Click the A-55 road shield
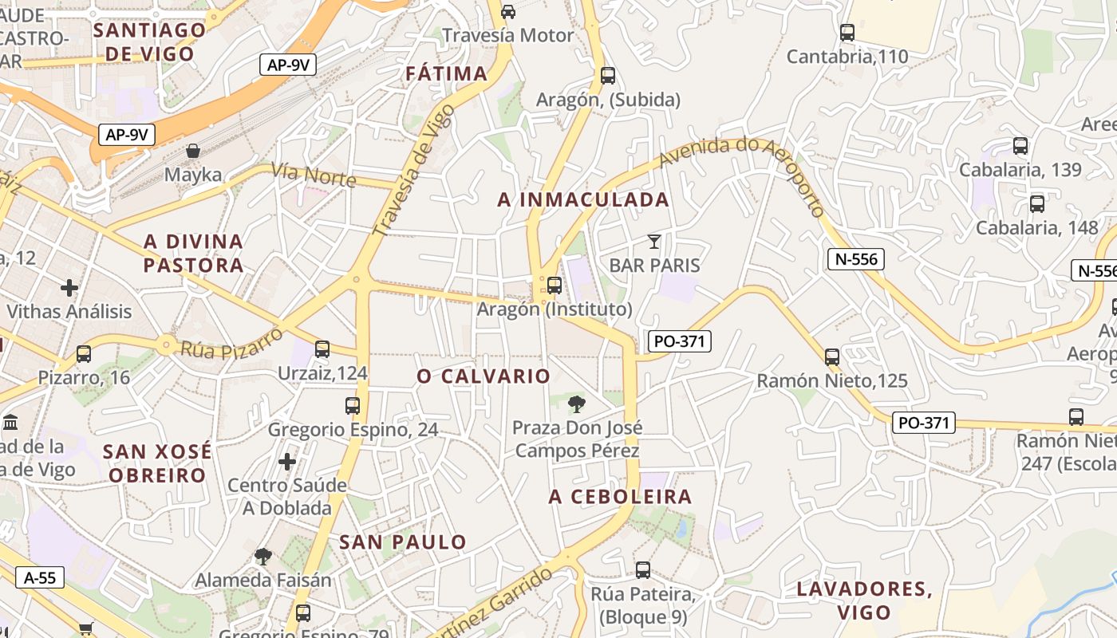click(x=40, y=577)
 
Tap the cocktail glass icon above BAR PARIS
click(x=654, y=241)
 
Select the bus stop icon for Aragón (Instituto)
click(x=554, y=285)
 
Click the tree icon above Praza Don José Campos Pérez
click(x=577, y=404)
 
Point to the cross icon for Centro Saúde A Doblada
click(x=287, y=461)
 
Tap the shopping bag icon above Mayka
click(x=193, y=151)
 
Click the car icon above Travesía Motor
click(x=508, y=11)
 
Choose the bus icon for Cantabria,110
click(x=847, y=33)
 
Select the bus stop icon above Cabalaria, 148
click(x=1037, y=203)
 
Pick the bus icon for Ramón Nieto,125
click(x=832, y=356)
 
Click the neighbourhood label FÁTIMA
click(x=446, y=73)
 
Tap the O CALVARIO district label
click(x=484, y=376)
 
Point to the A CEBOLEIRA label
click(x=620, y=497)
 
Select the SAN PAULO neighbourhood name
click(x=403, y=542)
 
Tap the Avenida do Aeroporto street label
click(x=742, y=173)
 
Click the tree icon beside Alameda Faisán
click(x=262, y=556)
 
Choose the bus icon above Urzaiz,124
click(x=322, y=349)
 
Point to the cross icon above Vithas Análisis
click(x=69, y=287)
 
